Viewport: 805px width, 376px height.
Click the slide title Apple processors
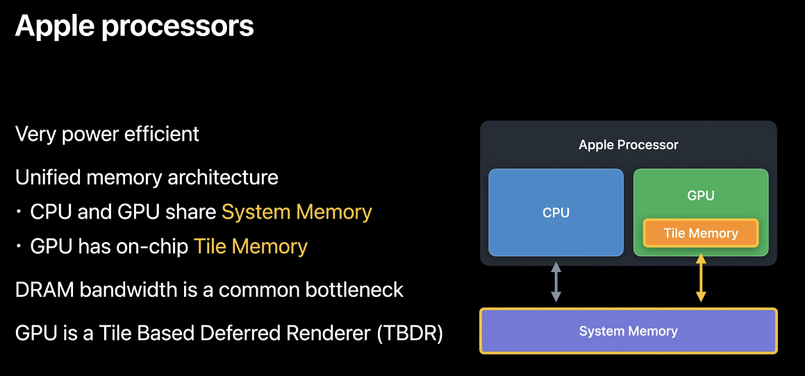click(x=134, y=26)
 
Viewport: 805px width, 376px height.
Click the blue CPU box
click(x=556, y=212)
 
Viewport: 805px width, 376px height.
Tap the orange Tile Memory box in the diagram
click(x=701, y=233)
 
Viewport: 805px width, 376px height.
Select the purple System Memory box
click(x=628, y=331)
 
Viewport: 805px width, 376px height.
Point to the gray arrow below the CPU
click(x=556, y=282)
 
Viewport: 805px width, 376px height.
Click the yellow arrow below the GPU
click(x=701, y=278)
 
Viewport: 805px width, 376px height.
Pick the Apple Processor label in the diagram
click(x=628, y=145)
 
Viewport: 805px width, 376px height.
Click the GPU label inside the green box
click(x=701, y=196)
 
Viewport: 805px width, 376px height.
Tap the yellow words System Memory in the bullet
click(x=297, y=212)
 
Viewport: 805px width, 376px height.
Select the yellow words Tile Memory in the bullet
click(x=250, y=246)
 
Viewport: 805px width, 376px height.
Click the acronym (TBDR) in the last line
click(x=410, y=334)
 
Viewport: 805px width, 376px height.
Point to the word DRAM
click(x=44, y=289)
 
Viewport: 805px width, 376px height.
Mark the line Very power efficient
click(x=107, y=133)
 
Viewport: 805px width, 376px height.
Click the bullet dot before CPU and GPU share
click(x=20, y=212)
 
